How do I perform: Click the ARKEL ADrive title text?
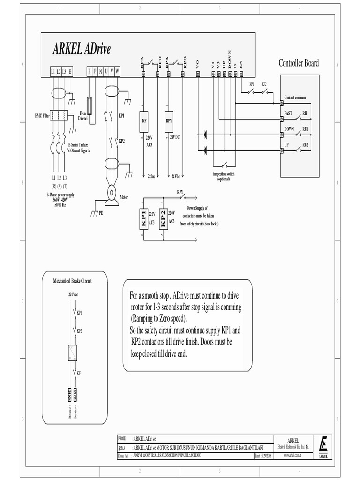[x=82, y=49]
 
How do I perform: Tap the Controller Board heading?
[x=299, y=63]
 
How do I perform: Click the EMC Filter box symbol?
[x=59, y=115]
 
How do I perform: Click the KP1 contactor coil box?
[x=144, y=218]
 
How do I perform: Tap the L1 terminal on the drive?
[x=52, y=72]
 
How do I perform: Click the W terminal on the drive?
[x=117, y=72]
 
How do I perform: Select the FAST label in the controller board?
[x=288, y=113]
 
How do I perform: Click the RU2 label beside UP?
[x=305, y=144]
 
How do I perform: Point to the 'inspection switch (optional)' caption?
[x=224, y=176]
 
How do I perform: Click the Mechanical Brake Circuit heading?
[x=72, y=281]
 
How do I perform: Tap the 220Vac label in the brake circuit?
[x=73, y=295]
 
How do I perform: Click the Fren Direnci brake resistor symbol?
[x=89, y=106]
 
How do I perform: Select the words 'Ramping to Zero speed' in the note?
[x=158, y=318]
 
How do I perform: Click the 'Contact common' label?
[x=295, y=97]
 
